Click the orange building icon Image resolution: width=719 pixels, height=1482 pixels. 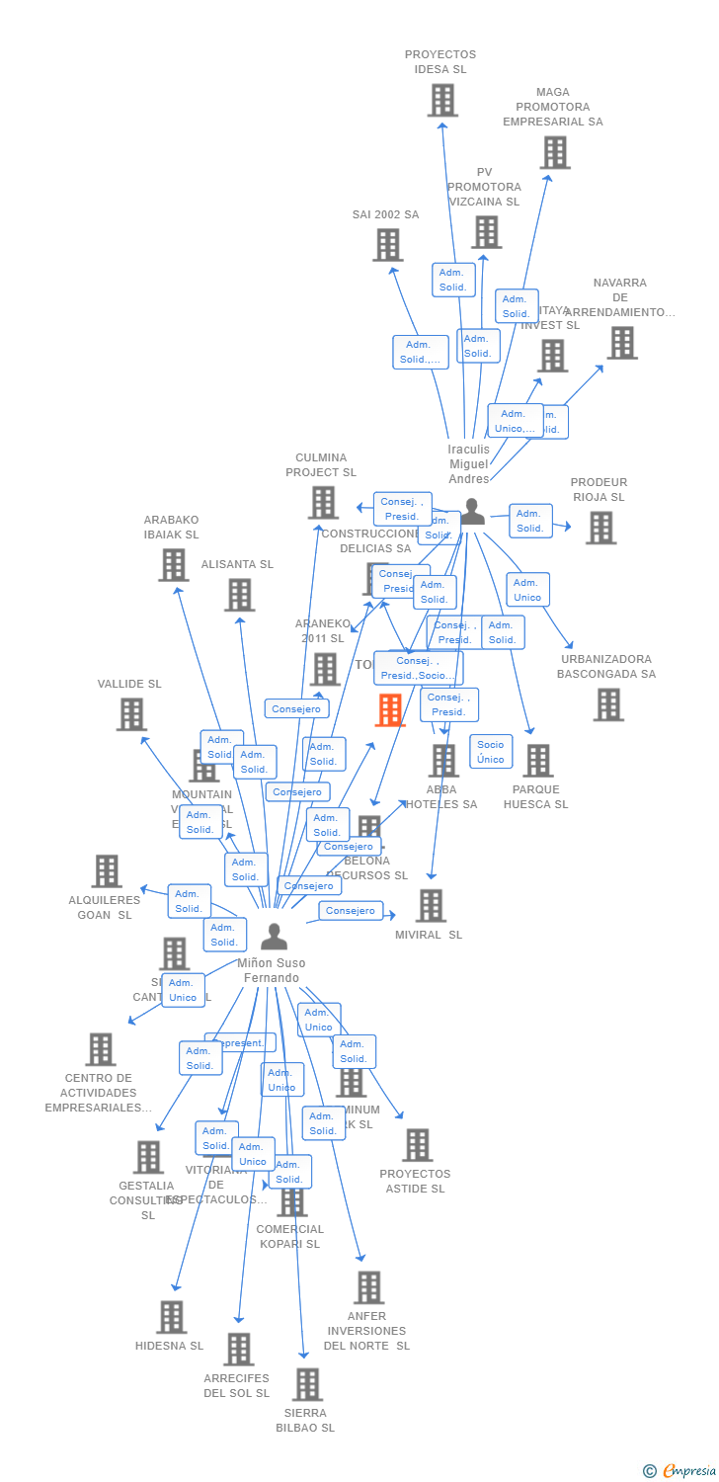pos(390,710)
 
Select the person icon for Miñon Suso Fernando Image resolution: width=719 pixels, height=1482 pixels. pos(274,937)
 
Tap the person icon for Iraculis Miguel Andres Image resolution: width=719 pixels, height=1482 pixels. pos(473,512)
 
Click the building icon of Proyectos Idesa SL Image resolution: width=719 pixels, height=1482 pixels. pos(441,100)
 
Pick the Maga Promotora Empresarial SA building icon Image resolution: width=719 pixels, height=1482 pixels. pos(555,152)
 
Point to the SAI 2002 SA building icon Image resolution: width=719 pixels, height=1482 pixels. pos(387,245)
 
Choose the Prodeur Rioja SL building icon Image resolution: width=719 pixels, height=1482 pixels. pos(600,528)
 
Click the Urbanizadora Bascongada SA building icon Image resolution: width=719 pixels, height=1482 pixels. pos(608,704)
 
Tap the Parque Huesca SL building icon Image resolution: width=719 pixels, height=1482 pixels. pos(537,761)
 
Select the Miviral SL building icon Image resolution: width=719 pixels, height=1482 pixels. pos(431,906)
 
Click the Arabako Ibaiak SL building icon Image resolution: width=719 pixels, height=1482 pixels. pos(173,565)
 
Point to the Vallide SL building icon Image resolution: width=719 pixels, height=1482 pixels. pos(131,714)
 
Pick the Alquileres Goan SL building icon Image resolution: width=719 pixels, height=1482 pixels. pos(107,871)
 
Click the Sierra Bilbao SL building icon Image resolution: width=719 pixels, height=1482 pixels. pos(307,1384)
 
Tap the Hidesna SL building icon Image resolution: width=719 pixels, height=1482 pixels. pos(171,1317)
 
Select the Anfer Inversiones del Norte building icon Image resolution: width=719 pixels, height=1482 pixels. pos(368,1287)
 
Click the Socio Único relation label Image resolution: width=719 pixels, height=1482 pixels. pos(490,752)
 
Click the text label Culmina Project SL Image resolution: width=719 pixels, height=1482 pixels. pos(320,464)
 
